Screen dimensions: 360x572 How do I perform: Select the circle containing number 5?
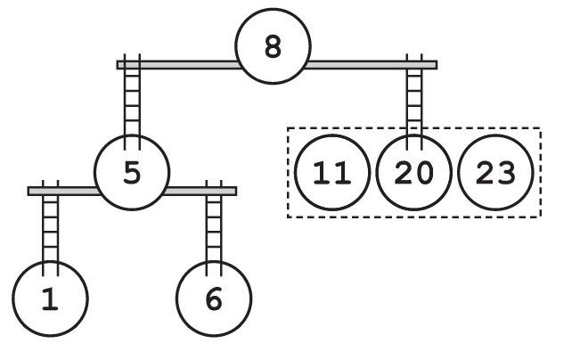pyautogui.click(x=132, y=173)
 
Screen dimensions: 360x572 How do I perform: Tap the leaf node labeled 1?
pyautogui.click(x=50, y=300)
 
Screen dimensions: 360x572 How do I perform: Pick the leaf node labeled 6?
pyautogui.click(x=214, y=300)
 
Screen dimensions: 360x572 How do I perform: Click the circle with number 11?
pyautogui.click(x=332, y=173)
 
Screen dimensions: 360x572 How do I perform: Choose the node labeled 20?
pyautogui.click(x=413, y=173)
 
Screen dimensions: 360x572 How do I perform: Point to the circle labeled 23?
pyautogui.click(x=494, y=173)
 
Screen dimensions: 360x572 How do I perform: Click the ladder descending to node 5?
pyautogui.click(x=132, y=102)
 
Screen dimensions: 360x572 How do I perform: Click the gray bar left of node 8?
pyautogui.click(x=178, y=64)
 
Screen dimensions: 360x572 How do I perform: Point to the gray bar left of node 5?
pyautogui.click(x=62, y=191)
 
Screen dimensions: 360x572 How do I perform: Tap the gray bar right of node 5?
pyautogui.click(x=201, y=191)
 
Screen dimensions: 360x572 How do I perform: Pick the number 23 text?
pyautogui.click(x=494, y=173)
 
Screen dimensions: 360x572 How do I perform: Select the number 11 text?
pyautogui.click(x=332, y=173)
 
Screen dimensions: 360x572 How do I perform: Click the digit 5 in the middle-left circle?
pyautogui.click(x=132, y=173)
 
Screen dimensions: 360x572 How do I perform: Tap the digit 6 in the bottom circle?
pyautogui.click(x=214, y=300)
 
